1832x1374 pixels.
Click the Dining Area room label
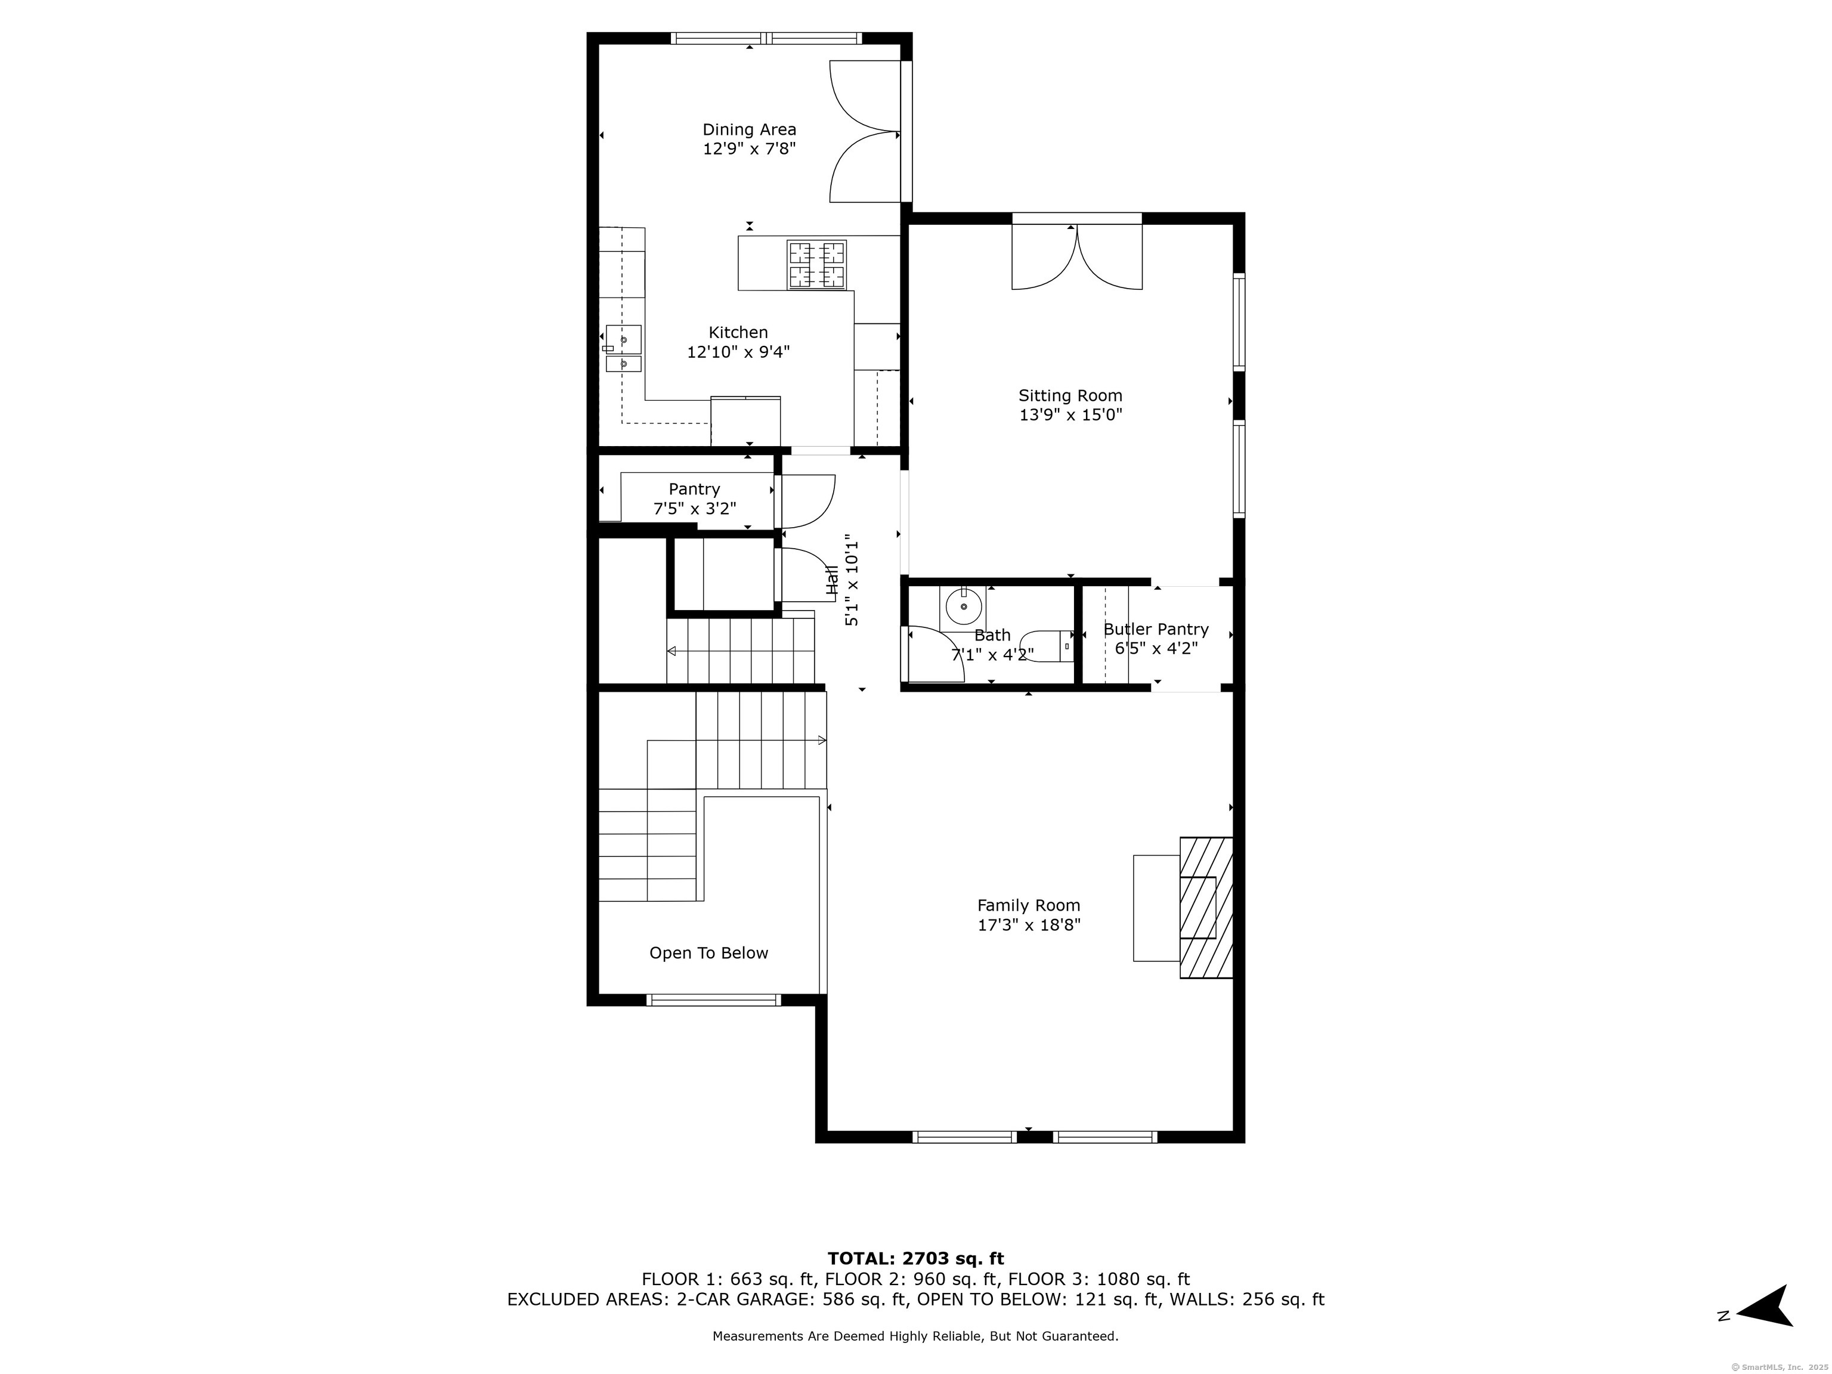(x=750, y=129)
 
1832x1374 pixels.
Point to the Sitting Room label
(x=1070, y=396)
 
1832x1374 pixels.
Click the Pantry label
(x=694, y=490)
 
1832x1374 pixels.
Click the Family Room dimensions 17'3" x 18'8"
(x=1029, y=924)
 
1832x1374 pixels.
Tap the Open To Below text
(x=709, y=953)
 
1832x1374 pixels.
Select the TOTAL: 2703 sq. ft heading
(x=916, y=1259)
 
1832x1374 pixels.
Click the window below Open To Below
(x=713, y=999)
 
